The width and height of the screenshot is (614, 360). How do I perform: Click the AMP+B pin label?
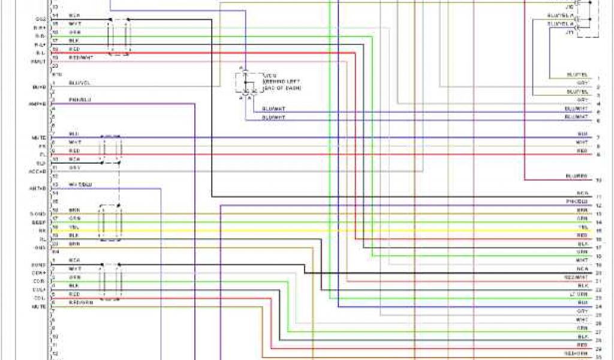[x=38, y=104]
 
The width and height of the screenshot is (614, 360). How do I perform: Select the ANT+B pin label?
[x=38, y=188]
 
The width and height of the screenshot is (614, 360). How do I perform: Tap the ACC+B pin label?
[x=38, y=171]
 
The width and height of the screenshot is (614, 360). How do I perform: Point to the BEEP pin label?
[x=38, y=222]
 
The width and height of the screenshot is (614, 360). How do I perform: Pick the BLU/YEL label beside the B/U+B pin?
[x=80, y=83]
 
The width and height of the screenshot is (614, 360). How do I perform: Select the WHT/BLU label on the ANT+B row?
[x=80, y=184]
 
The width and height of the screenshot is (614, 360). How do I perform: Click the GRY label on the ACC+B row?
[x=74, y=167]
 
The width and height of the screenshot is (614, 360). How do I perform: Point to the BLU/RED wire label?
[x=576, y=176]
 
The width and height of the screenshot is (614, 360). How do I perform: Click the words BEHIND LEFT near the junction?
[x=282, y=82]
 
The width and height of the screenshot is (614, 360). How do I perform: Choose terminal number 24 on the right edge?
[x=598, y=307]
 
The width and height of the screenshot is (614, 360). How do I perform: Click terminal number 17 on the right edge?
[x=598, y=247]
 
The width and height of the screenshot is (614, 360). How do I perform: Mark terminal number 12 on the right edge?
[x=598, y=205]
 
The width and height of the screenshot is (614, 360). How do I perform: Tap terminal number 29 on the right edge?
[x=598, y=349]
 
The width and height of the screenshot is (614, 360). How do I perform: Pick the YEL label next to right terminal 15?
[x=582, y=228]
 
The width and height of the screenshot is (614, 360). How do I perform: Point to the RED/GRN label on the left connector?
[x=80, y=303]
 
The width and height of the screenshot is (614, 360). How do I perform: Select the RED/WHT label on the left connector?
[x=80, y=58]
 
